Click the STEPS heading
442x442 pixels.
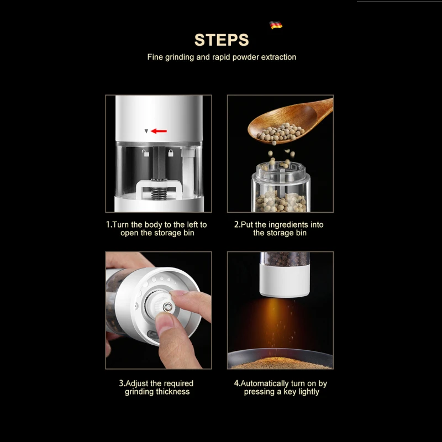[222, 40]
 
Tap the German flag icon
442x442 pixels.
[276, 25]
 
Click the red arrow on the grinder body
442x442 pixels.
[159, 131]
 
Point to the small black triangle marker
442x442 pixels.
[146, 131]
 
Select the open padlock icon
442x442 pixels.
[145, 153]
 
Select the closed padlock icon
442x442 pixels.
[171, 153]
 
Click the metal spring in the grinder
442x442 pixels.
[159, 193]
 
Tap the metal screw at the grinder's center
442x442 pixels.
[168, 307]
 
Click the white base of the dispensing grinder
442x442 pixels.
[285, 281]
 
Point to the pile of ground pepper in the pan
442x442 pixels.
[281, 363]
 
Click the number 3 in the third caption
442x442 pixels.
[121, 383]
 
